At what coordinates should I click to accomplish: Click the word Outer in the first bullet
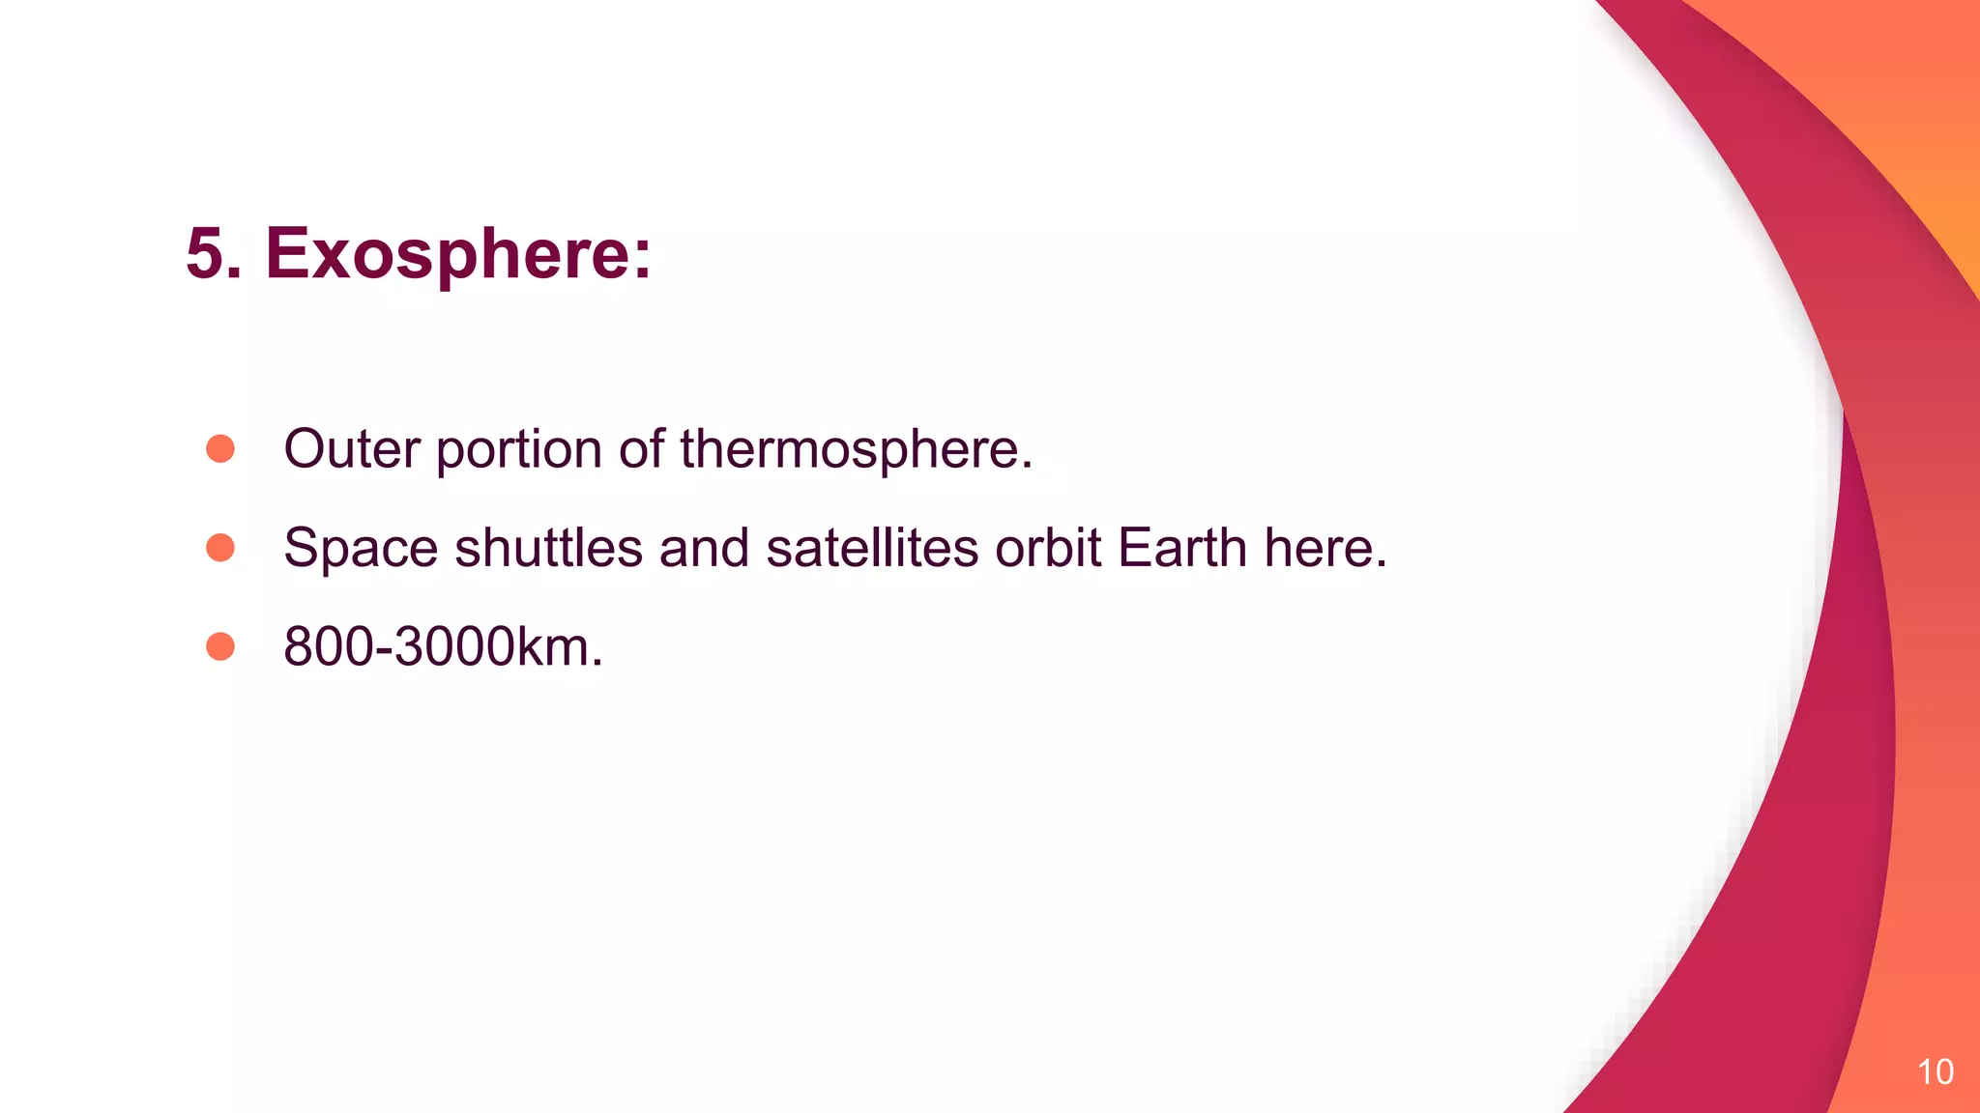pos(352,449)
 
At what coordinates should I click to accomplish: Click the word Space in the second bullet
pos(361,549)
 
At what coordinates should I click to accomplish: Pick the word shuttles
pos(548,548)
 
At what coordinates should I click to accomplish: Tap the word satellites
pos(872,548)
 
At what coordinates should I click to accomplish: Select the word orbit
pos(1048,548)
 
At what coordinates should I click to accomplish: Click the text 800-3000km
pos(442,646)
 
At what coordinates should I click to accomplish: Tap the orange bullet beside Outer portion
pos(220,448)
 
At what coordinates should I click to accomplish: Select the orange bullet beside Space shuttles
pos(220,548)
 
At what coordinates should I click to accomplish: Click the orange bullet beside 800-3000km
pos(220,646)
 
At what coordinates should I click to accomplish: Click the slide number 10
pos(1935,1071)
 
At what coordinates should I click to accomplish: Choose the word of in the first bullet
pos(641,449)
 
